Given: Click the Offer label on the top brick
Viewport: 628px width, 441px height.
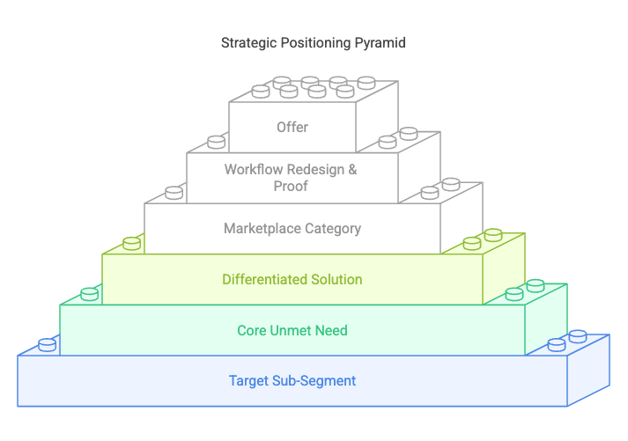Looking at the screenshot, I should (292, 127).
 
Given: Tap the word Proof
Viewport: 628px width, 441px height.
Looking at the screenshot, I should (292, 185).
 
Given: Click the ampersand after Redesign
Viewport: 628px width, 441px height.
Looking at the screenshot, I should (352, 169).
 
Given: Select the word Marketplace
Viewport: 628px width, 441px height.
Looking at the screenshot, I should (262, 228).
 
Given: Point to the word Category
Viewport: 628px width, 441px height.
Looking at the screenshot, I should (332, 228).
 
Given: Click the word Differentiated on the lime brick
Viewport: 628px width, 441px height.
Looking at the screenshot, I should (263, 279).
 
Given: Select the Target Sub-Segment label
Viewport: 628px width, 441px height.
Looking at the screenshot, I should (292, 381).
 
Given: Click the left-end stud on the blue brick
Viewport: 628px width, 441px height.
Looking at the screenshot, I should (47, 344).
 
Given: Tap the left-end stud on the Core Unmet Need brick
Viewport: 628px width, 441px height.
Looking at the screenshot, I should (89, 293).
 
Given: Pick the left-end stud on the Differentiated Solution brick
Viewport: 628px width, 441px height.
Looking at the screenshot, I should (131, 242).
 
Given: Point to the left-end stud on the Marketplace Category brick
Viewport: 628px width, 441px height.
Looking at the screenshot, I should (174, 192).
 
